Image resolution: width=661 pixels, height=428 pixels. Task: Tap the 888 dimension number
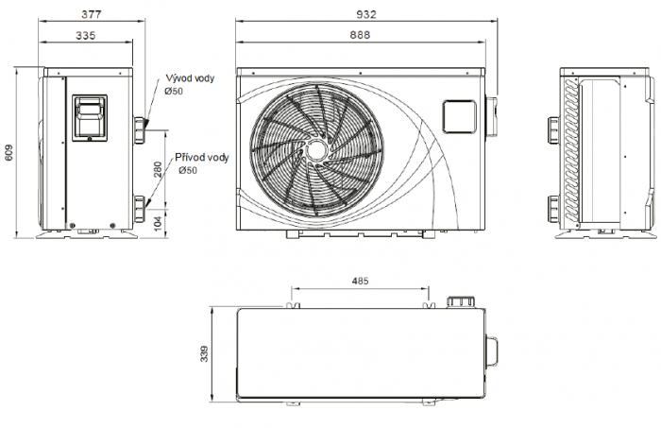pos(359,35)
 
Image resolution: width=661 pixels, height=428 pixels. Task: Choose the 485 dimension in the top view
pos(360,282)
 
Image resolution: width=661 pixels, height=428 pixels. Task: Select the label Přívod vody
pos(201,158)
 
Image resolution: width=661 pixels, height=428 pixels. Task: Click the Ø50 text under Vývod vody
pos(174,92)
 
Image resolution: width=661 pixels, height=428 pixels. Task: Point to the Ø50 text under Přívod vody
pos(187,170)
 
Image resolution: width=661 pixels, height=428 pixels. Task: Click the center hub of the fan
pos(315,150)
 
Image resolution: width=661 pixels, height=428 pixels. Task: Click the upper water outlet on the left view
pos(142,127)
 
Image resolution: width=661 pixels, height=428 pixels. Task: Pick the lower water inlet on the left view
pos(142,204)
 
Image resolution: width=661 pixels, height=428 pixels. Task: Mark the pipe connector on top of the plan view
pos(459,300)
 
